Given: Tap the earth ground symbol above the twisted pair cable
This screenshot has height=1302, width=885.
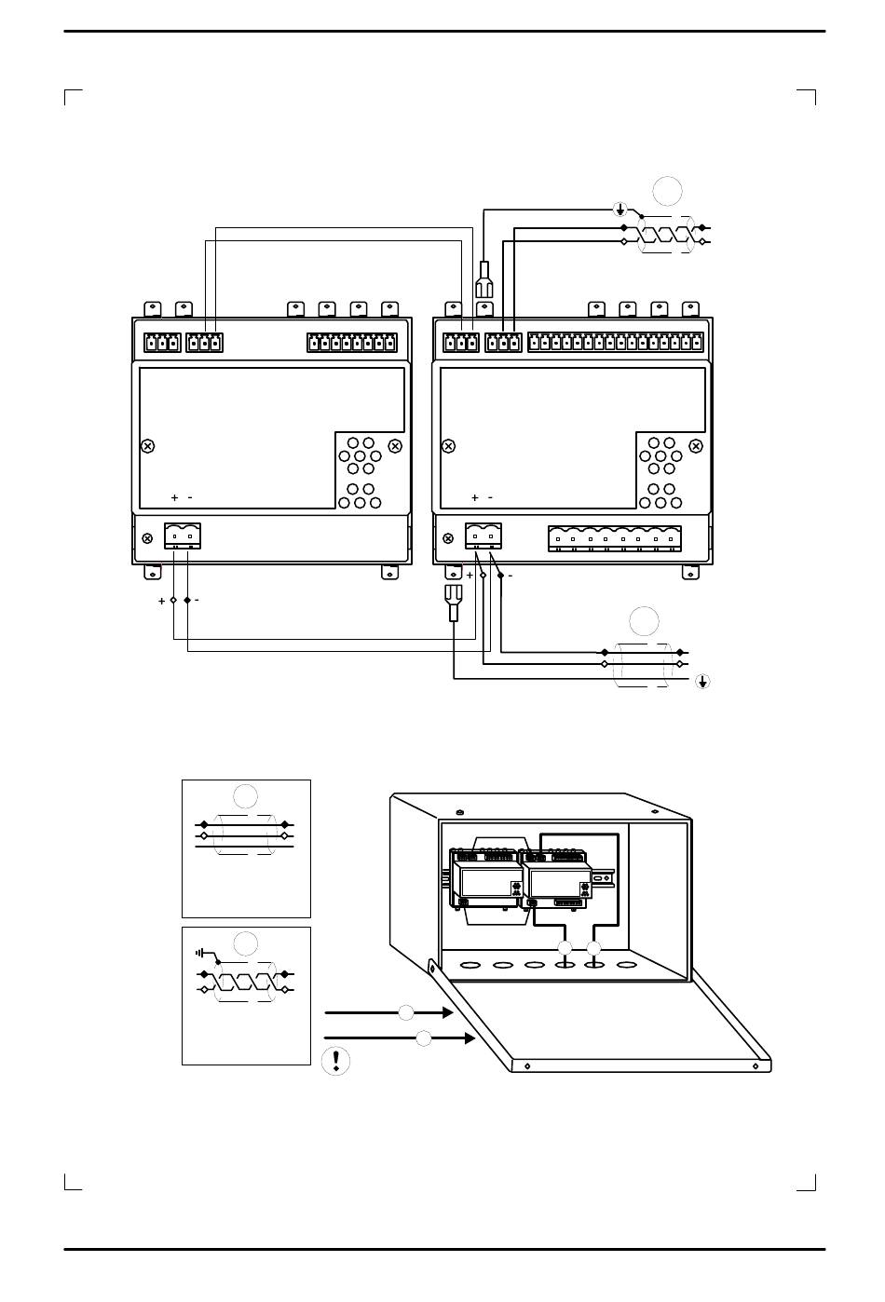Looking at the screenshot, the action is click(620, 209).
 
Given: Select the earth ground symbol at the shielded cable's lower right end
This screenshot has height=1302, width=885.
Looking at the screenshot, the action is click(702, 681).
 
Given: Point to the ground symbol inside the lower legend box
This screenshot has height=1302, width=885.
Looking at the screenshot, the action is click(199, 953).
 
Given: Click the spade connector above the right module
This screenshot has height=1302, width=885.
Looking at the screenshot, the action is click(483, 279).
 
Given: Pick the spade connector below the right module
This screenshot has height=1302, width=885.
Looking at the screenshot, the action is click(453, 603).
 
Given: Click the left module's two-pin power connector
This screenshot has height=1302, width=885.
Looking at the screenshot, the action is click(183, 536).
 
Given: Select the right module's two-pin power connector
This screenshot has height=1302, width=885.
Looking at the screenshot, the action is click(483, 536).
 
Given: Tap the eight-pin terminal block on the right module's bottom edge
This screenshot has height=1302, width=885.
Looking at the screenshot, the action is click(615, 539).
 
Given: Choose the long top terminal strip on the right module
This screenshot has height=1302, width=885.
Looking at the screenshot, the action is click(616, 343).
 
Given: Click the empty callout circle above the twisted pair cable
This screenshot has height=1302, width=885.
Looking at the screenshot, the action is click(667, 191).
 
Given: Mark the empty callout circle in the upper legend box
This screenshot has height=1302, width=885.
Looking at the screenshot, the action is click(245, 795).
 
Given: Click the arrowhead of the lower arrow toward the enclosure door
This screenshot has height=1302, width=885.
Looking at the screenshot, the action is click(470, 1038).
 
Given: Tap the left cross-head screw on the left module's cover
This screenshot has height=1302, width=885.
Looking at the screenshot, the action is click(148, 446).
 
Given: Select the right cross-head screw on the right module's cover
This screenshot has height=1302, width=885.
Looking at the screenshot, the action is click(696, 446).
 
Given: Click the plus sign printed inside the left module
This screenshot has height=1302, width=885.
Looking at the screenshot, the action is click(174, 497).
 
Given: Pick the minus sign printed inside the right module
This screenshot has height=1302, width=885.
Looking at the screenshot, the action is click(490, 497).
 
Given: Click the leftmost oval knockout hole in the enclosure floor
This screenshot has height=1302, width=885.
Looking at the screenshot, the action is click(470, 966).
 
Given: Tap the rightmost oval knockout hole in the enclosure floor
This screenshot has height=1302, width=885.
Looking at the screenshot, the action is click(626, 965).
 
